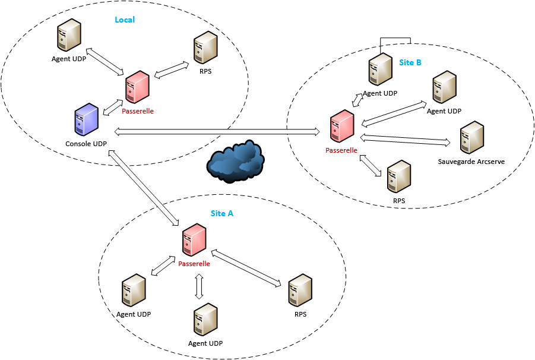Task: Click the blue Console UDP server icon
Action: tap(87, 119)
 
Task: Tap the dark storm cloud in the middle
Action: tap(235, 161)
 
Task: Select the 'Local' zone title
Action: tap(125, 20)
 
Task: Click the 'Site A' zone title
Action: tap(222, 213)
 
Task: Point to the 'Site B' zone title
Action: tap(410, 62)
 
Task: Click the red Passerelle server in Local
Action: tap(138, 87)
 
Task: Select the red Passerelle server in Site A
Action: tap(195, 240)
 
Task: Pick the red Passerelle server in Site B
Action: tap(342, 126)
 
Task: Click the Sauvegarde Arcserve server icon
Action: tap(472, 137)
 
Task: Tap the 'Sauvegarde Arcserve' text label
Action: tap(471, 162)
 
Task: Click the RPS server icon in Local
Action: tap(205, 48)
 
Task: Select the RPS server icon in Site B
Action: tap(399, 177)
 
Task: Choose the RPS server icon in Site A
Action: tap(300, 290)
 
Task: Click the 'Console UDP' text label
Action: tap(86, 144)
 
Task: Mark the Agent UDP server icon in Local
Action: tap(69, 35)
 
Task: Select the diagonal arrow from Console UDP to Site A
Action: tap(143, 187)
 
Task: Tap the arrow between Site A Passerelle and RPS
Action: tap(246, 268)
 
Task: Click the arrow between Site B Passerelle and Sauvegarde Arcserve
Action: tap(406, 140)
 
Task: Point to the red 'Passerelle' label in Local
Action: tap(138, 111)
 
